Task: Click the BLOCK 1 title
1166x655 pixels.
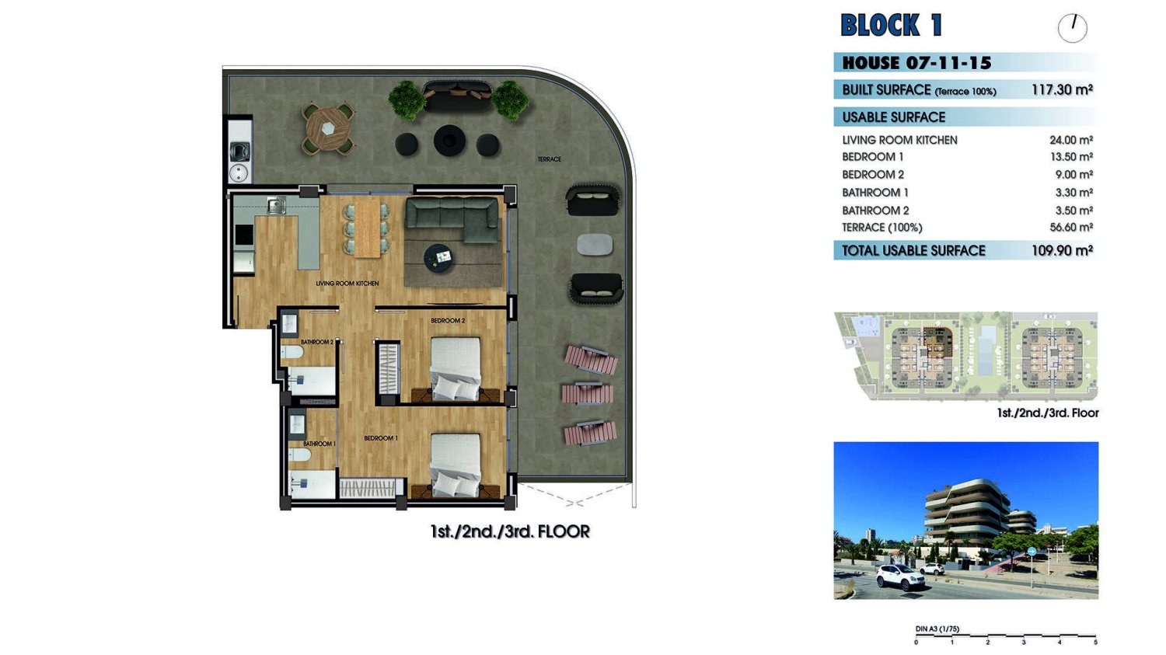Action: point(891,25)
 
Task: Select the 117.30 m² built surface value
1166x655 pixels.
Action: point(1062,90)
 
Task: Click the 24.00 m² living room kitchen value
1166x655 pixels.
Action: point(1070,140)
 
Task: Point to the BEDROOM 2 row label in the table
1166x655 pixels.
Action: point(873,175)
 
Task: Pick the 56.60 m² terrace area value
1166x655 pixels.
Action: point(1071,228)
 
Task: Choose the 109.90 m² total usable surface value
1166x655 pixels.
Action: point(1062,251)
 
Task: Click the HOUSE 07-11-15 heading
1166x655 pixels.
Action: point(916,63)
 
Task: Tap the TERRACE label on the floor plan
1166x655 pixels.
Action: point(549,159)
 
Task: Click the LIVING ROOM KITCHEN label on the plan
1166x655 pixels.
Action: point(347,284)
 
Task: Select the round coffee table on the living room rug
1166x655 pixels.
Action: point(438,259)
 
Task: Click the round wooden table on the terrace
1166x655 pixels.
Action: point(328,128)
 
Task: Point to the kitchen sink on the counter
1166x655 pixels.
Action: point(276,205)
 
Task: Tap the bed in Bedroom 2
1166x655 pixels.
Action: point(456,368)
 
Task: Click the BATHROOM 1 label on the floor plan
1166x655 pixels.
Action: point(319,444)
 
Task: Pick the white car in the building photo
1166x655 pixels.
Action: point(900,577)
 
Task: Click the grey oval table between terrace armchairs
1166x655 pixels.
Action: point(595,245)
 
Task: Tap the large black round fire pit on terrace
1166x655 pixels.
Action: point(450,141)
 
